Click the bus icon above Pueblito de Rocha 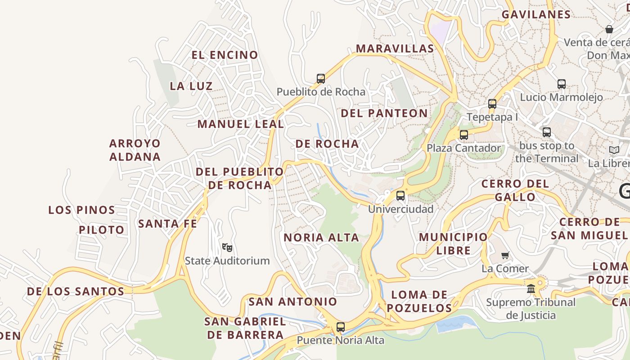[321, 79]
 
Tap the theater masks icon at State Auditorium [227, 247]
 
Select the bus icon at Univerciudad [400, 196]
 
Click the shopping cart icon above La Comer [505, 255]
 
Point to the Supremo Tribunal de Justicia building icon [531, 288]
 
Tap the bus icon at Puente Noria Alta [341, 327]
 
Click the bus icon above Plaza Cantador [463, 135]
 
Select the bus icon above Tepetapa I [492, 104]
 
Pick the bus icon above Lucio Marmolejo [561, 84]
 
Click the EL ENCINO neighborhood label [225, 55]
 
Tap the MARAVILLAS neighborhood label [395, 49]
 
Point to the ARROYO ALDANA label [135, 150]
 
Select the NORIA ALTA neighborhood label [321, 237]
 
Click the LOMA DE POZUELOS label [419, 301]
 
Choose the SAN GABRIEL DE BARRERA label [245, 328]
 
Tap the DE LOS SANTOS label [76, 291]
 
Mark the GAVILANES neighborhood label [536, 14]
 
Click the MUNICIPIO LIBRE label [453, 243]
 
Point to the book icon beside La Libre [614, 150]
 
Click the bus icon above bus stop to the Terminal [547, 132]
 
